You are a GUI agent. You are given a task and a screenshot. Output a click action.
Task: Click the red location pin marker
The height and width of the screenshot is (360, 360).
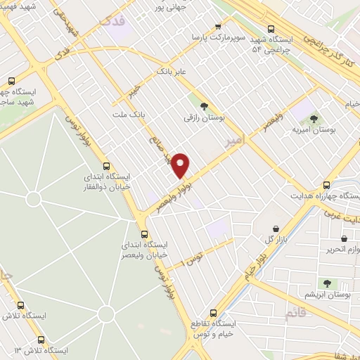click(x=181, y=165)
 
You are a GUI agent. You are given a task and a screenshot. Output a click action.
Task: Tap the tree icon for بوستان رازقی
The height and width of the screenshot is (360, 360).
click(x=204, y=106)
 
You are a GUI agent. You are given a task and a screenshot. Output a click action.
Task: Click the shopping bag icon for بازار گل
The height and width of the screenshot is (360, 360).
click(x=276, y=229)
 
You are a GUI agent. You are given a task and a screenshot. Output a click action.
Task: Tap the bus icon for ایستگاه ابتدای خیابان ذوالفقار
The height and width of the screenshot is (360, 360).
click(x=106, y=167)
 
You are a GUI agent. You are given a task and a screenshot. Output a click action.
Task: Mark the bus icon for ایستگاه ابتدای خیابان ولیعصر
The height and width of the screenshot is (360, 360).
click(x=144, y=233)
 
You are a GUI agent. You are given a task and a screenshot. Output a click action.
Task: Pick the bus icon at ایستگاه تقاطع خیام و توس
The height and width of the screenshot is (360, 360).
click(x=213, y=314)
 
